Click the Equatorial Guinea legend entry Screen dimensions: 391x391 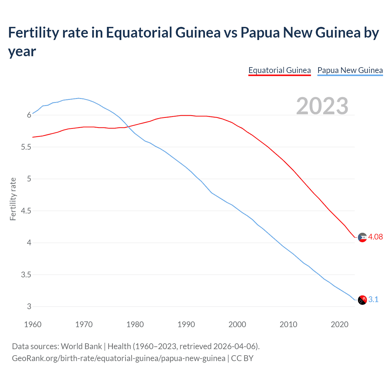(x=280, y=71)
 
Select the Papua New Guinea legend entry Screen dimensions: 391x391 (x=350, y=71)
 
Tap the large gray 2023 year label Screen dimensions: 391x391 (x=322, y=106)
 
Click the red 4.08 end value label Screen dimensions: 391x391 (x=375, y=237)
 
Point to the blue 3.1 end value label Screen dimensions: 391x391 (x=373, y=300)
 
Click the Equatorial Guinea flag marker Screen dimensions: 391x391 (x=362, y=237)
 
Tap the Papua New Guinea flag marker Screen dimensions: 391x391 (x=362, y=300)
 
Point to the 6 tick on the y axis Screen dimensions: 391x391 (x=29, y=115)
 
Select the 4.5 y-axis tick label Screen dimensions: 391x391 (x=26, y=211)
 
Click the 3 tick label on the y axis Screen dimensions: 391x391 (x=29, y=307)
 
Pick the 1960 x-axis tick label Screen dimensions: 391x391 (x=33, y=324)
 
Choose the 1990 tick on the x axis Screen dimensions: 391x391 (x=186, y=324)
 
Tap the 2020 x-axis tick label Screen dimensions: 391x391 (x=339, y=324)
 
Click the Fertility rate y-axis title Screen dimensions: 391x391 (x=13, y=199)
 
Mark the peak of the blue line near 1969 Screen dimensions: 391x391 (x=79, y=98)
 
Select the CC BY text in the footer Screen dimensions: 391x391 (x=242, y=358)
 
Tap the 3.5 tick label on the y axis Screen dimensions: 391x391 (x=26, y=275)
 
